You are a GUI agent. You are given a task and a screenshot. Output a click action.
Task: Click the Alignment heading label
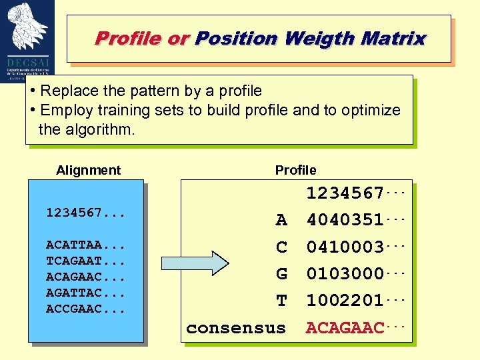pyautogui.click(x=89, y=170)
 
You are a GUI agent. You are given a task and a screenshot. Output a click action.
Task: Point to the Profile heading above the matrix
pyautogui.click(x=296, y=170)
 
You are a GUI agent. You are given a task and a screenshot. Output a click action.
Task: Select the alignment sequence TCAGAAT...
pyautogui.click(x=73, y=261)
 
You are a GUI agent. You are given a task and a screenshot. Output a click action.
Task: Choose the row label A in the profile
pyautogui.click(x=281, y=220)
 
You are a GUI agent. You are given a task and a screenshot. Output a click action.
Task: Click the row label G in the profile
pyautogui.click(x=281, y=274)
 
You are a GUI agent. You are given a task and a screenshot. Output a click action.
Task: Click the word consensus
pyautogui.click(x=236, y=328)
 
